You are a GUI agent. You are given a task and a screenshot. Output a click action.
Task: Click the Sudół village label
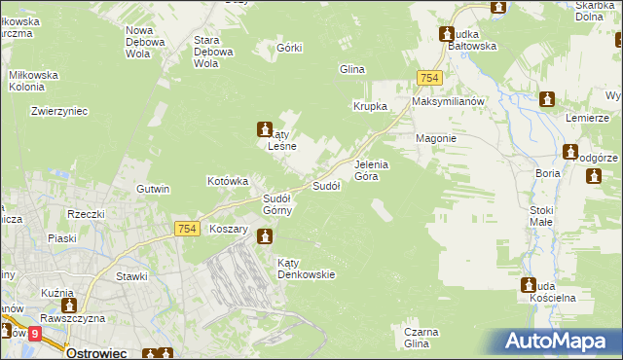[x=325, y=185]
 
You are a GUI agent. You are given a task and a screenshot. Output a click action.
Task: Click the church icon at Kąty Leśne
[x=264, y=127]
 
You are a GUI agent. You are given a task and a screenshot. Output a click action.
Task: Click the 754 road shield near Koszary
[x=189, y=228]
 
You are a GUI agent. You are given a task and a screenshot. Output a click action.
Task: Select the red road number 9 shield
[x=35, y=334]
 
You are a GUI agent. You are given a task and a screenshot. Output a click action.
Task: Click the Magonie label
[x=435, y=138]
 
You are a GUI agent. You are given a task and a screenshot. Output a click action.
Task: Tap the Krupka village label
[x=370, y=106]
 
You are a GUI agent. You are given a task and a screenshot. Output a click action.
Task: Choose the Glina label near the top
[x=350, y=69]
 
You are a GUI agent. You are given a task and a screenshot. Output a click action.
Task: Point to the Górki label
[x=289, y=48]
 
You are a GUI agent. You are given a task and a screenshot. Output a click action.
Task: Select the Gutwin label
[x=154, y=188]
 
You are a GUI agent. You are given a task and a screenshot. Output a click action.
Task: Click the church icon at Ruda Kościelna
[x=530, y=286]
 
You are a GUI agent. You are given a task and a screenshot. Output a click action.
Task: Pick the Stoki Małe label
[x=541, y=215]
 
